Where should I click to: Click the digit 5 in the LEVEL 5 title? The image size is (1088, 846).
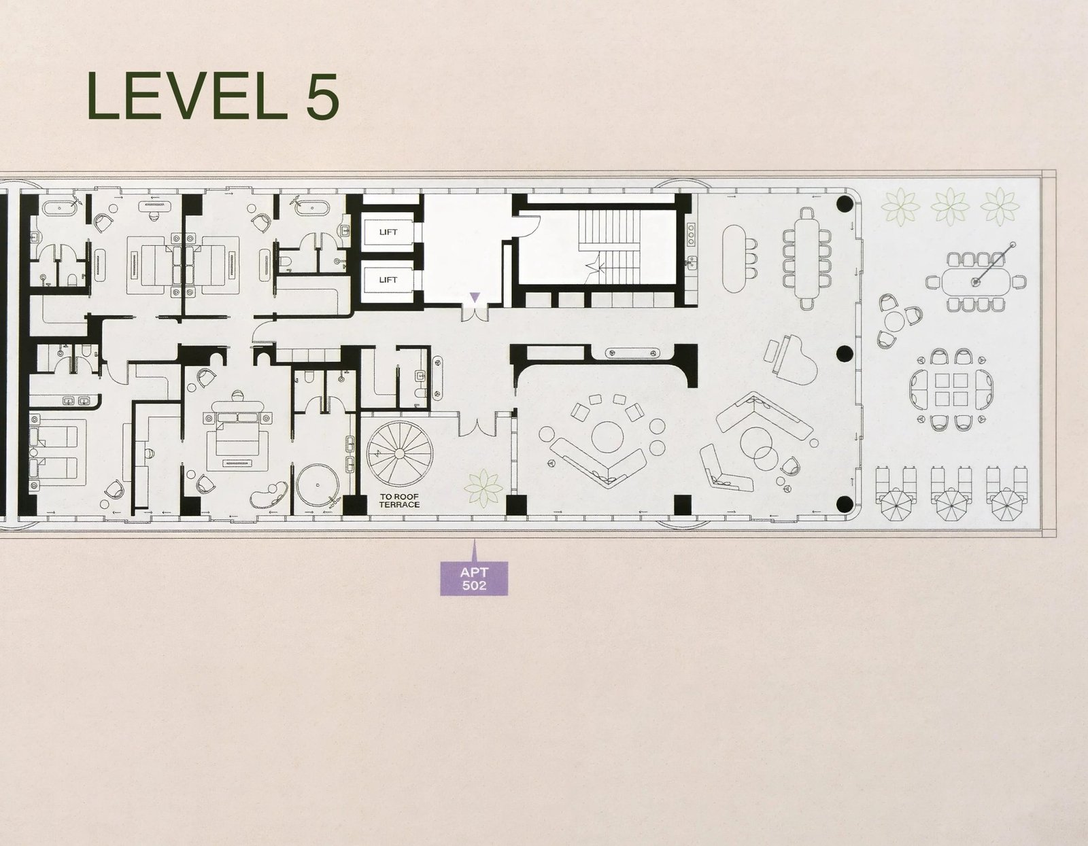tap(316, 96)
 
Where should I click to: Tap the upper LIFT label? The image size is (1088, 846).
tap(388, 232)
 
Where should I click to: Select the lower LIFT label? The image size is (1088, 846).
tap(388, 279)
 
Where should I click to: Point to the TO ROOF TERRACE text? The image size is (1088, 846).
tap(400, 501)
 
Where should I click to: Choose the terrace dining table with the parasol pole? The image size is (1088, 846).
tap(976, 279)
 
